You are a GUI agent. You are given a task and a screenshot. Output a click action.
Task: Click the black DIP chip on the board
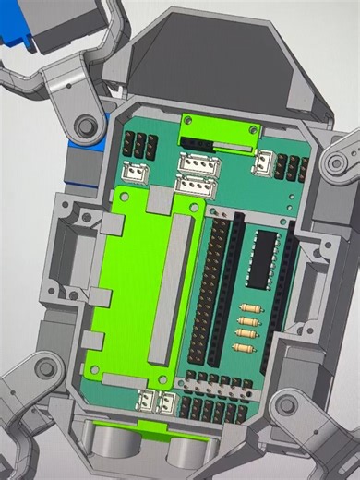point(263,260)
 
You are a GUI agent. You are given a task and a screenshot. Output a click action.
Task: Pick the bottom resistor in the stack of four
point(244,348)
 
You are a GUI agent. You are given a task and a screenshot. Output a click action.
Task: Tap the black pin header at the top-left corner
point(140,144)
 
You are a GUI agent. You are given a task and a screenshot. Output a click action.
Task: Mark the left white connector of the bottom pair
point(146,402)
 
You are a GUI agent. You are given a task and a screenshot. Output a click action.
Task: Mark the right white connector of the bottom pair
point(166,403)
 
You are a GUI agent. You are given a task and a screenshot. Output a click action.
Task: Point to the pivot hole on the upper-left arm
point(86,125)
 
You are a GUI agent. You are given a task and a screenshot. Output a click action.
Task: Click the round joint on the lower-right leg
point(288,403)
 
